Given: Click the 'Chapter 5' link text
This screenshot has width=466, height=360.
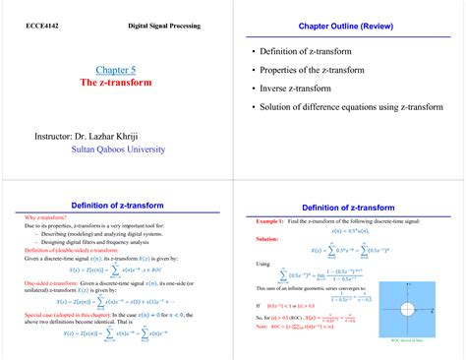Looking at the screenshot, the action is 116,70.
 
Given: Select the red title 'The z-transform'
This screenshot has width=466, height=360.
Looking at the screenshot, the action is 116,84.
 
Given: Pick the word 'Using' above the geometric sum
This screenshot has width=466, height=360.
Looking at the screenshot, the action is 262,264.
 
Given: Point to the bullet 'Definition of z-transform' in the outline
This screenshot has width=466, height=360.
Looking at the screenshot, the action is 315,52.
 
